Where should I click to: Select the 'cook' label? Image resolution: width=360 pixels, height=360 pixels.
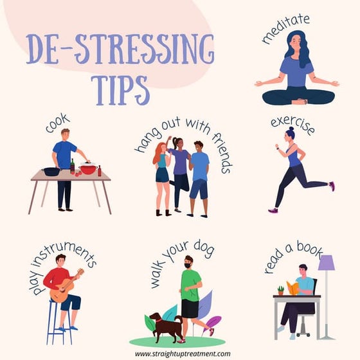click(x=58, y=123)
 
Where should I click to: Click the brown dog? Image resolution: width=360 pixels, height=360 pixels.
click(x=165, y=325)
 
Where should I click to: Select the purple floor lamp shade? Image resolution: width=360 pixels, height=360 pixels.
click(x=327, y=263)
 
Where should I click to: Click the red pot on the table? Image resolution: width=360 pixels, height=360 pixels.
click(x=88, y=169)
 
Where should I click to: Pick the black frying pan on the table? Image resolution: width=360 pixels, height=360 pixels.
click(x=51, y=171)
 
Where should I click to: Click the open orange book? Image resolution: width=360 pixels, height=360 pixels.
click(x=293, y=287)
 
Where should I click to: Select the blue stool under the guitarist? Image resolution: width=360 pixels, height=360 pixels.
click(x=59, y=324)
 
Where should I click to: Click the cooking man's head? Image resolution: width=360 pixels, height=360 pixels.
click(x=65, y=134)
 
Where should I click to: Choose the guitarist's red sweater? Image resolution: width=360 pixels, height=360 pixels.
click(x=55, y=278)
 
